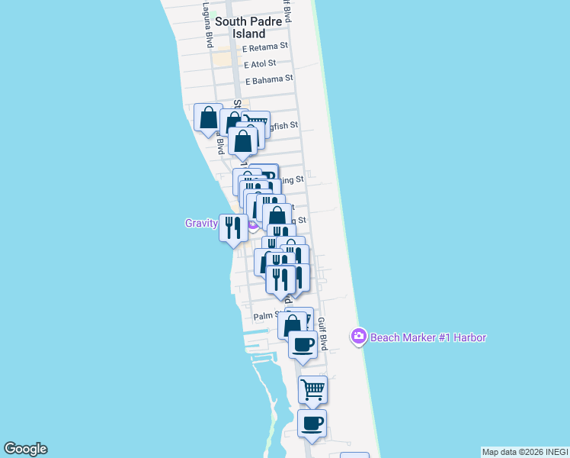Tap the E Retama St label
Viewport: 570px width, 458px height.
point(265,47)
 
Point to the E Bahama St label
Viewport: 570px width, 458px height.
point(269,79)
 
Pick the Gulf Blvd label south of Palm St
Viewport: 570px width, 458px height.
point(323,334)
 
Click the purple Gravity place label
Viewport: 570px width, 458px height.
point(201,224)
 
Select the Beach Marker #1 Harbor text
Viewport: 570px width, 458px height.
point(428,337)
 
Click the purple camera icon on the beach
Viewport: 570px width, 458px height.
point(358,337)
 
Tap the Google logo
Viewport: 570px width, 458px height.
point(25,449)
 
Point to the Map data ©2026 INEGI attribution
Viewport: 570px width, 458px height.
point(524,452)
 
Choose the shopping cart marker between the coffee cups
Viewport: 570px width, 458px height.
point(312,389)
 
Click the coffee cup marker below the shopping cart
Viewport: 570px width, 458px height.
point(312,423)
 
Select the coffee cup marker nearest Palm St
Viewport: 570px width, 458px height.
point(303,344)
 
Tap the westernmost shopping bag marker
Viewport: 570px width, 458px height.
point(208,118)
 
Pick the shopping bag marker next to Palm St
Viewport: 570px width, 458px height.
point(292,325)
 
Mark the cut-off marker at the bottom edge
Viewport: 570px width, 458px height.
point(354,455)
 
